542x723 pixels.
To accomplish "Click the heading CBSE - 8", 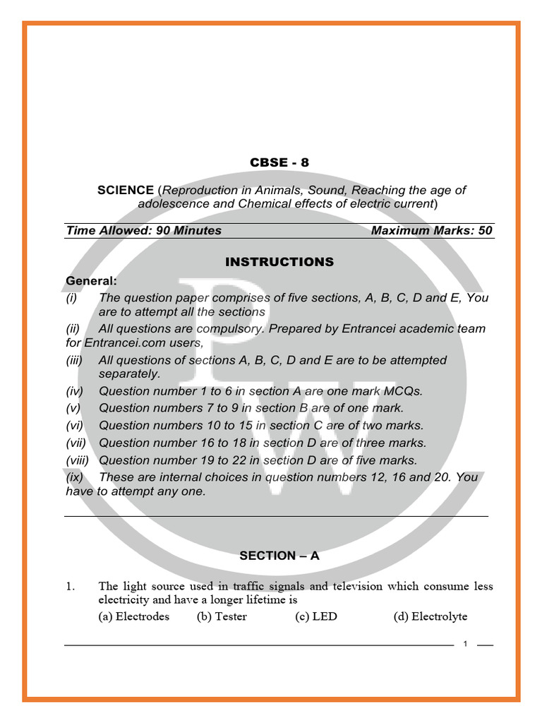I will point(279,162).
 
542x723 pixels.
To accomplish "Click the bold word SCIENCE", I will point(125,191).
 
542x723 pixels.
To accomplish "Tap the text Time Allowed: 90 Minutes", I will point(143,231).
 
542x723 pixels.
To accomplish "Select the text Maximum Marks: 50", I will point(431,231).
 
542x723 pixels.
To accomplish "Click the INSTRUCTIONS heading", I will point(279,262).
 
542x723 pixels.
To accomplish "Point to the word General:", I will point(92,281).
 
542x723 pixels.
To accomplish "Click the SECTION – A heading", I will point(279,556).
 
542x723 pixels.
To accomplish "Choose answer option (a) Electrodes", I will point(133,616).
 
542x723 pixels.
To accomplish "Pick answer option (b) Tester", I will point(222,616).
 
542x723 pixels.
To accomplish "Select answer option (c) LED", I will point(316,616).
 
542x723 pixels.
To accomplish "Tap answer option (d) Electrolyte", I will point(430,616).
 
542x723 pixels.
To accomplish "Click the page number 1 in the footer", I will point(466,644).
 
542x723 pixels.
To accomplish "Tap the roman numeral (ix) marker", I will point(74,477).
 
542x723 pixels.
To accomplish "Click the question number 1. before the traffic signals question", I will point(70,586).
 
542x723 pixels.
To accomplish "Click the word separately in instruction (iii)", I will point(129,374).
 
